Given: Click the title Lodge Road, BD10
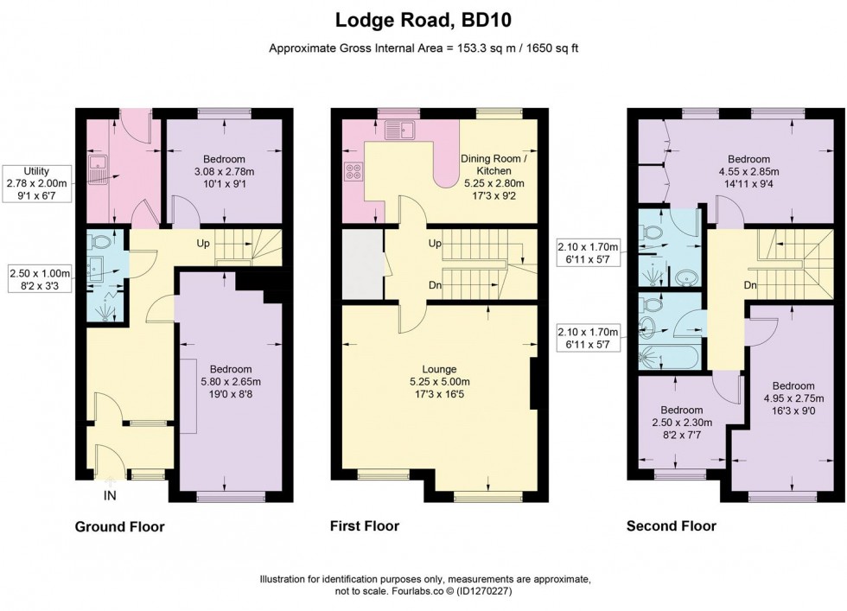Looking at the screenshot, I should [x=423, y=18].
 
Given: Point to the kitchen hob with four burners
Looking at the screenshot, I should [x=353, y=172].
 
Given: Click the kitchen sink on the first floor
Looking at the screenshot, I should [x=402, y=130].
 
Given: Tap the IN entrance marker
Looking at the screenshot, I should [x=110, y=495].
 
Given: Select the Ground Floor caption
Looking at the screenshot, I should [x=119, y=526].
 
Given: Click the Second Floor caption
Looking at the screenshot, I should [x=671, y=525].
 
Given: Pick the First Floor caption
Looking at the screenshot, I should [x=365, y=525].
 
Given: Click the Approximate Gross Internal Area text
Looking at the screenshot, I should [x=423, y=48].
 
